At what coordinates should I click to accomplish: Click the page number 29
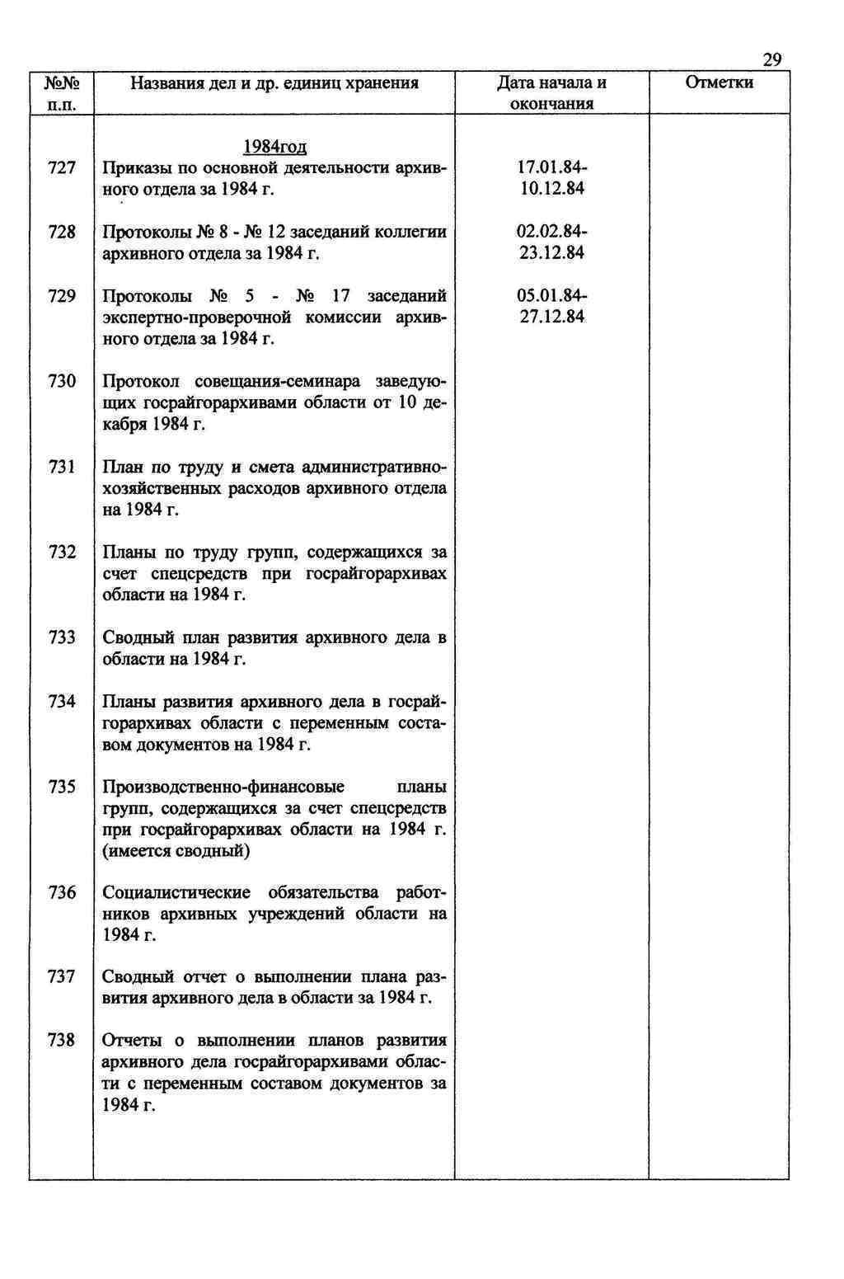point(771,59)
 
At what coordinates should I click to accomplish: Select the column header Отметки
point(719,83)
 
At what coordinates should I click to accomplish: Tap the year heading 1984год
point(274,147)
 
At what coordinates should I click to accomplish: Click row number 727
point(62,168)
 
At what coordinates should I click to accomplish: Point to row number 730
point(62,381)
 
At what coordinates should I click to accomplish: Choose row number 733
point(62,637)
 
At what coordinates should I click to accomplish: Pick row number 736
point(62,893)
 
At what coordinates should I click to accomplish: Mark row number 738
point(62,1041)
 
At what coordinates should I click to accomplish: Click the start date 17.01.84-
point(552,168)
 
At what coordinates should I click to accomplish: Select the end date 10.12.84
point(552,189)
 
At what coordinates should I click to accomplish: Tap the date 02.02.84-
point(552,233)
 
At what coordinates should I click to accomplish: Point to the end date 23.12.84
point(552,253)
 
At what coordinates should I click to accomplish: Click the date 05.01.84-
point(552,296)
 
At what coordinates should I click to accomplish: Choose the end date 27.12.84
point(552,317)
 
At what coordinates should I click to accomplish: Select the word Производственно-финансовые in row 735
point(223,787)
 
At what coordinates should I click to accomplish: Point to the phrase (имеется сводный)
point(176,851)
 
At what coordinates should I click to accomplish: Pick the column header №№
point(62,83)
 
